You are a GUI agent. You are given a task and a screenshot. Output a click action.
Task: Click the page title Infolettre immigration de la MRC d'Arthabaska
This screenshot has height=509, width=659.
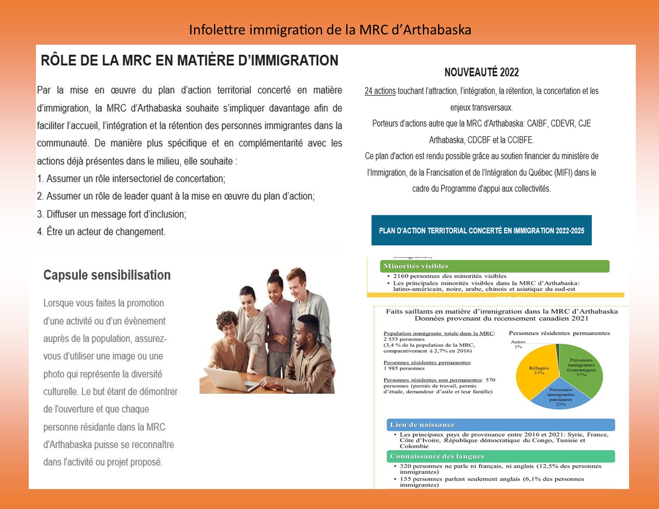[x=330, y=30]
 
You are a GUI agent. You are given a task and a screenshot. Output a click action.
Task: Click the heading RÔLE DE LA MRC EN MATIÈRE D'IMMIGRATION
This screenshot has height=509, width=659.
[x=189, y=60]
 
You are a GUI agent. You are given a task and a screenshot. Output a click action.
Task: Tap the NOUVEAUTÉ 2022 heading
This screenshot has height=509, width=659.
[x=481, y=72]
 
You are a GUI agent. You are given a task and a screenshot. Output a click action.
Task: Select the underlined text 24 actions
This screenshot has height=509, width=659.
[x=380, y=91]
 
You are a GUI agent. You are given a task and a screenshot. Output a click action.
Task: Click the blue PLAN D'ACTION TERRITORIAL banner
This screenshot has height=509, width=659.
[x=481, y=230]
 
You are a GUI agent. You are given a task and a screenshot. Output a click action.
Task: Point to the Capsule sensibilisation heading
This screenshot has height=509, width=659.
[x=107, y=275]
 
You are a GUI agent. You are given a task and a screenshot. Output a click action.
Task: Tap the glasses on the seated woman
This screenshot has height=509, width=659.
[x=229, y=328]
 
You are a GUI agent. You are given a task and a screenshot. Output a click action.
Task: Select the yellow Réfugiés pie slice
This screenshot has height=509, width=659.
[x=537, y=371]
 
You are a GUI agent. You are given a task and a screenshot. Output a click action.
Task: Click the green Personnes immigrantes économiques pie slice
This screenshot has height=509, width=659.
[x=581, y=367]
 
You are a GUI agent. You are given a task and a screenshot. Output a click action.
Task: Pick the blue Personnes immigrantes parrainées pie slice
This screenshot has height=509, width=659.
[x=560, y=397]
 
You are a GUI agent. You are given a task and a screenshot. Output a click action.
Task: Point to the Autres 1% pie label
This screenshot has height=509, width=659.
[x=518, y=344]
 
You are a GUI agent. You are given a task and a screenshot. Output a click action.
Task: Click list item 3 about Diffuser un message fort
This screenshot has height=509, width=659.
[x=112, y=214]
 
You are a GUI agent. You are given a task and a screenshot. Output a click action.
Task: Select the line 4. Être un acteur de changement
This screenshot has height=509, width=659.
[x=101, y=232]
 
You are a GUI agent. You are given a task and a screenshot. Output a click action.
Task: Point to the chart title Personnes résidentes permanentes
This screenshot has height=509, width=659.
[x=559, y=333]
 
